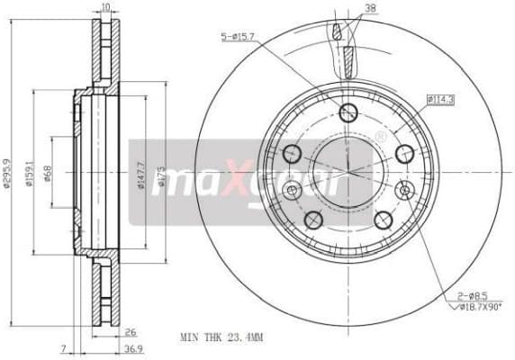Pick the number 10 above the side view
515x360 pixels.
105,7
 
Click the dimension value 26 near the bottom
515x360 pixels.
130,331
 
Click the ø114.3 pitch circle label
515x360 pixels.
441,99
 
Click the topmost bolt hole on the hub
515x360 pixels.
348,112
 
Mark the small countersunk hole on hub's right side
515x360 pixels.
404,190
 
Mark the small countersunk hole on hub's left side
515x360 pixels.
291,191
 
